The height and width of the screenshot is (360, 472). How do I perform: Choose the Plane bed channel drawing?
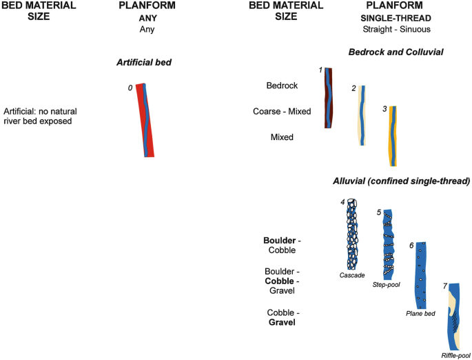tap(420, 276)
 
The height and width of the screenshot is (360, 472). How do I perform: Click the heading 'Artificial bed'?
tap(143, 63)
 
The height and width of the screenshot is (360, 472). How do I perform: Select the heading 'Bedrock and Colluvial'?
tap(396, 52)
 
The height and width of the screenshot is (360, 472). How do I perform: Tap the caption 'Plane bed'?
tap(420, 316)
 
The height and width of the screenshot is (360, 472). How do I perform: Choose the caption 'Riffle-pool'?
tap(454, 355)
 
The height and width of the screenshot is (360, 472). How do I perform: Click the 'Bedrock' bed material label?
tap(282, 86)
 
